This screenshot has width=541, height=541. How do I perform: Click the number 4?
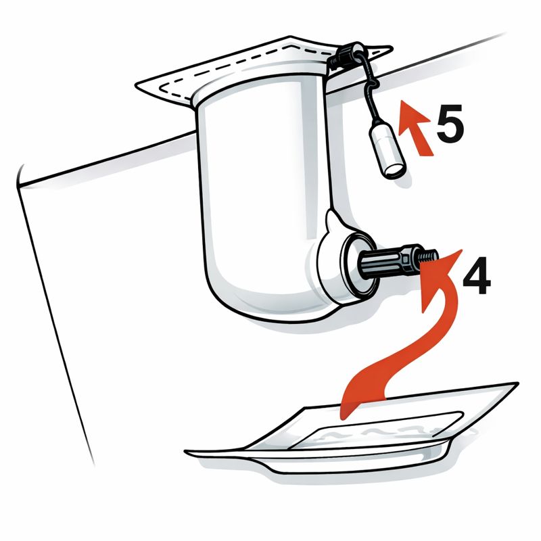[x=477, y=275]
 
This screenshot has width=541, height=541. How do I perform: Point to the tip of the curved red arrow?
[x=462, y=250]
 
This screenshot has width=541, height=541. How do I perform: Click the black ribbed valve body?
[x=379, y=262]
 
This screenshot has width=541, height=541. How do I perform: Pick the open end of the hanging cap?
[x=396, y=170]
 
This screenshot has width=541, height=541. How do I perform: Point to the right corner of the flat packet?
[x=518, y=383]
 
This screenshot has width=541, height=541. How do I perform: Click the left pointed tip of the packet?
[x=185, y=451]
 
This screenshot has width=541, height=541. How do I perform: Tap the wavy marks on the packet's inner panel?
[x=376, y=432]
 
